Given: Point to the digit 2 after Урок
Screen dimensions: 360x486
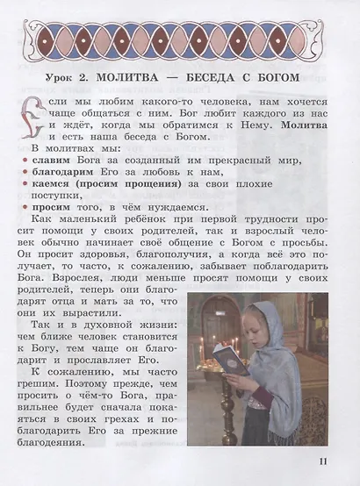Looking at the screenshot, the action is pyautogui.click(x=97, y=80).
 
